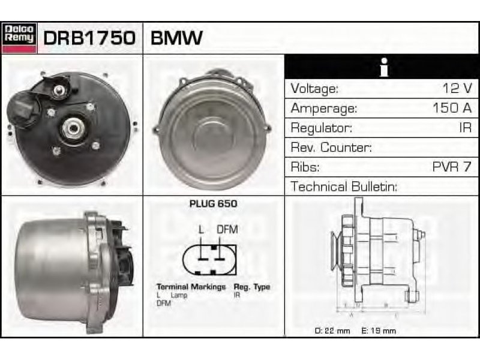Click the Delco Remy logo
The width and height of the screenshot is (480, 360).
coord(19,38)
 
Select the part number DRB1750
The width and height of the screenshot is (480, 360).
coord(89,38)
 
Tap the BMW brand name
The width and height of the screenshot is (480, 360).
coord(176,38)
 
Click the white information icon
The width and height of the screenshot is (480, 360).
coord(384,67)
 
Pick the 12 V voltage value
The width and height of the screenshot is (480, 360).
coord(457,88)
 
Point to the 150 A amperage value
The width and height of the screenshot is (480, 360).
coord(452,108)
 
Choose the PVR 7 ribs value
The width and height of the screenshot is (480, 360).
coord(452,167)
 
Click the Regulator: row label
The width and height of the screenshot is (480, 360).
coord(321,128)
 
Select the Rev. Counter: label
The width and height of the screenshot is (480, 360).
coord(331,147)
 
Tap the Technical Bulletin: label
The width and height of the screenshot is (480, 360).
coord(344,187)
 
